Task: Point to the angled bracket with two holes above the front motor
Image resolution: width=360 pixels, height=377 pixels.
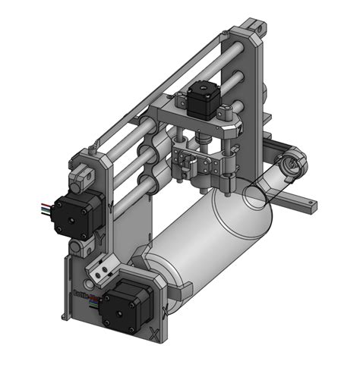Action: (101, 267)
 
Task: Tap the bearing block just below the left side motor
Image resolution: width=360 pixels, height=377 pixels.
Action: (78, 247)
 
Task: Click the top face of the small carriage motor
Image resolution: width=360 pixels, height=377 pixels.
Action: (201, 90)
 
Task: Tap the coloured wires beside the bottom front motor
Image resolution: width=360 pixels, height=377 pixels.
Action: (93, 301)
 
